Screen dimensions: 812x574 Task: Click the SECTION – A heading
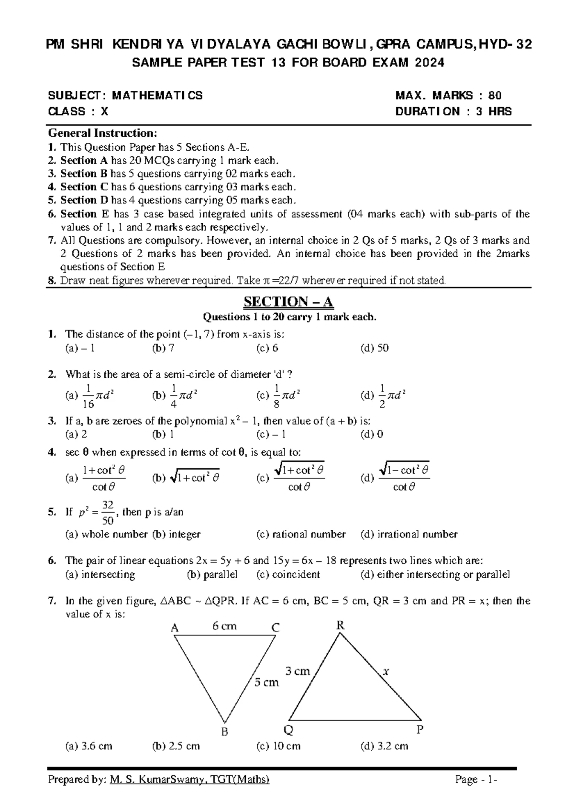point(288,302)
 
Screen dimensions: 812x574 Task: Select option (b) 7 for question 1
point(163,348)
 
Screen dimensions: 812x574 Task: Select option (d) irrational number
point(409,534)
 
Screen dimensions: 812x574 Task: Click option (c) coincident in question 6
point(288,574)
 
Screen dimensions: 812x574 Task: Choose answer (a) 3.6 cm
point(89,746)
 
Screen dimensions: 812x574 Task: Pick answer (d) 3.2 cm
point(385,746)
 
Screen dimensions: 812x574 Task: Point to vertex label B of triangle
point(224,732)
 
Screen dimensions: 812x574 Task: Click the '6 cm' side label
point(224,626)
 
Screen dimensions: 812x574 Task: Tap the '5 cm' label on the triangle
point(266,682)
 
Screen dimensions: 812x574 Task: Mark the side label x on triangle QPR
point(386,671)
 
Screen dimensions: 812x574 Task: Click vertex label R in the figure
point(341,625)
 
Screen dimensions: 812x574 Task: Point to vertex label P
point(420,730)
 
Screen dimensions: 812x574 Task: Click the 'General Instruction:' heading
point(102,132)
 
